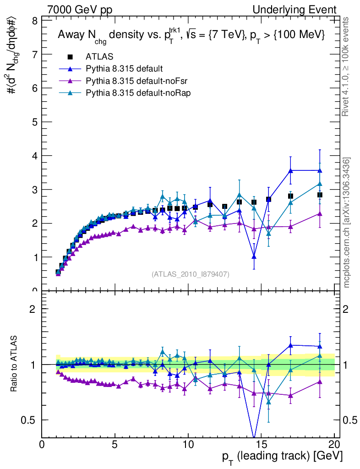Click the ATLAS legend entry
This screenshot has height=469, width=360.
(x=99, y=57)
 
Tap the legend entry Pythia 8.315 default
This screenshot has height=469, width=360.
(x=124, y=69)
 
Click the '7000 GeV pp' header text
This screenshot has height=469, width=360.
(x=80, y=10)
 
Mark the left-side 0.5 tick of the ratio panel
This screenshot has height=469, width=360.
(x=30, y=420)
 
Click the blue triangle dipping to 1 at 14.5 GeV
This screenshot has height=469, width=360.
(x=254, y=256)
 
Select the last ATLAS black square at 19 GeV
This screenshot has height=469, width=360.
(x=320, y=195)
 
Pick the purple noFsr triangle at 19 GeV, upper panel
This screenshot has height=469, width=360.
(x=320, y=213)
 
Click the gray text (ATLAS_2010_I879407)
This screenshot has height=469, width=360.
(x=190, y=274)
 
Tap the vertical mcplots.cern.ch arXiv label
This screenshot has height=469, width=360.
(x=347, y=223)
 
